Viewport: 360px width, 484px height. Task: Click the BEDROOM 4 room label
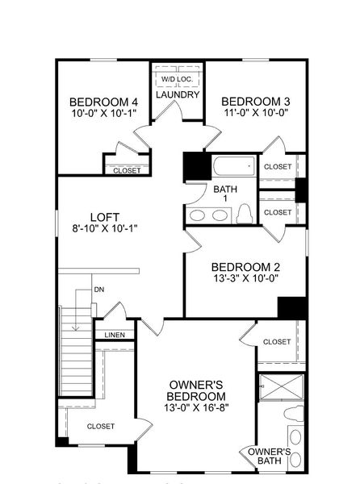[103, 102]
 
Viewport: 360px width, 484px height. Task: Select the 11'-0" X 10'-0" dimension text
[255, 113]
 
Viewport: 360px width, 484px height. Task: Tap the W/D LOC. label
[177, 79]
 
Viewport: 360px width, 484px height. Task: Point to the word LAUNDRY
[178, 95]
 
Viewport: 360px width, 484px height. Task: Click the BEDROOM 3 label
[256, 101]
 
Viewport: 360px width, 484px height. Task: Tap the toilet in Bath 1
[245, 214]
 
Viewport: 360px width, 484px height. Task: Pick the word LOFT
[104, 216]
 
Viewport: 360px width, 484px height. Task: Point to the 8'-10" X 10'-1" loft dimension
[104, 228]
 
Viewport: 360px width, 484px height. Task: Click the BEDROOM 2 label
[245, 267]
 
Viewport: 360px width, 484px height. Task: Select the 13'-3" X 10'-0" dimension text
[245, 279]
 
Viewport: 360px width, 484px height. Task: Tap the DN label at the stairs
[98, 289]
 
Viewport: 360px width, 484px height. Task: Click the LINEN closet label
[114, 335]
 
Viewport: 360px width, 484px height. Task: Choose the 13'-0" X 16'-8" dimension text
[195, 409]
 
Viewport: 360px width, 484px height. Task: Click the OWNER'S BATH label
[269, 457]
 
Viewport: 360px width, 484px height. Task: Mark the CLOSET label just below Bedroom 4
[127, 170]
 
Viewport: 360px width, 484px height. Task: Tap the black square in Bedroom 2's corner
[292, 307]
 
